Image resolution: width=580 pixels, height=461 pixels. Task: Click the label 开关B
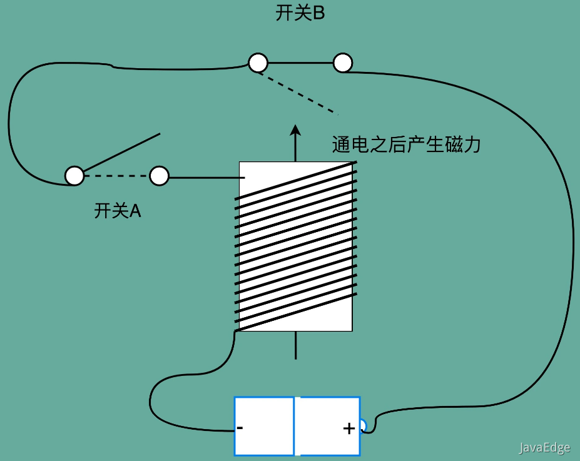pyautogui.click(x=300, y=14)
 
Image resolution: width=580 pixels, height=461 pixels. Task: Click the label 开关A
pyautogui.click(x=118, y=211)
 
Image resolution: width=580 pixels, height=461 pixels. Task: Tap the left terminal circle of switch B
pyautogui.click(x=258, y=63)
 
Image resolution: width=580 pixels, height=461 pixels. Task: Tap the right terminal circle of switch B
pyautogui.click(x=343, y=63)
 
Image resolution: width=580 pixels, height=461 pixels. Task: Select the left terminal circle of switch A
pyautogui.click(x=74, y=176)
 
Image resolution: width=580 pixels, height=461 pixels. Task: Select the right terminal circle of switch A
pyautogui.click(x=160, y=176)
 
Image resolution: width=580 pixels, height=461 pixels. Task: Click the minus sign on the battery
pyautogui.click(x=240, y=428)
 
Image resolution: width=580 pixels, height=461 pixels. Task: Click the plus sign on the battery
pyautogui.click(x=349, y=428)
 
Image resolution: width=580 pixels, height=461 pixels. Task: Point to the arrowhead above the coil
pyautogui.click(x=295, y=130)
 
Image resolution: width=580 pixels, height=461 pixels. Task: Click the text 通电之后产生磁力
pyautogui.click(x=406, y=145)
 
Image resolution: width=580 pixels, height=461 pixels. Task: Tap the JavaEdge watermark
pyautogui.click(x=544, y=448)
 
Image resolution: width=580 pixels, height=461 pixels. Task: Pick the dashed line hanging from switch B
pyautogui.click(x=299, y=94)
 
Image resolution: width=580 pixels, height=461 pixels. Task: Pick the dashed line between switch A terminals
pyautogui.click(x=117, y=176)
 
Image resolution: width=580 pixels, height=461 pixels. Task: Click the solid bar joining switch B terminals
pyautogui.click(x=300, y=63)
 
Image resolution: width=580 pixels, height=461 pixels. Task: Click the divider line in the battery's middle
pyautogui.click(x=294, y=426)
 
